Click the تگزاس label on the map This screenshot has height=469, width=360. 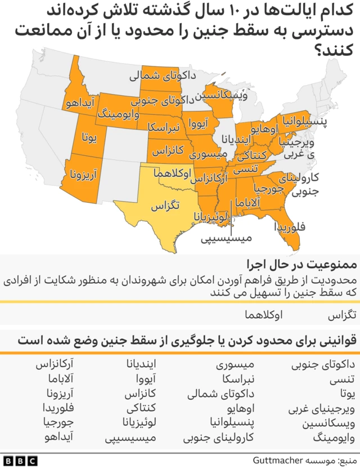pyautogui.click(x=165, y=206)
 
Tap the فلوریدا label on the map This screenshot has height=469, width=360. pyautogui.click(x=290, y=227)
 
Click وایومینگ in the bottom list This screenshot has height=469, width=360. pyautogui.click(x=335, y=436)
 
